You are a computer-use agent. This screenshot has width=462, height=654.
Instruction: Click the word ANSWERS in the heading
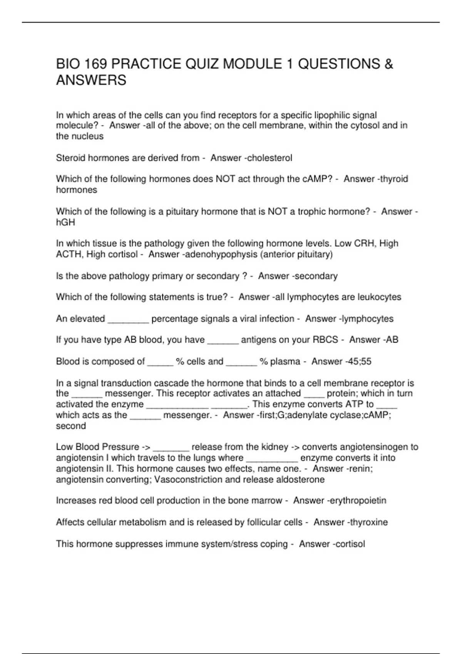pyautogui.click(x=91, y=80)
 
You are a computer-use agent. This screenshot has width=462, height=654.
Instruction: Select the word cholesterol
pyautogui.click(x=270, y=158)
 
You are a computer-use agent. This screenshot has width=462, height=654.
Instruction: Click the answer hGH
pyautogui.click(x=65, y=222)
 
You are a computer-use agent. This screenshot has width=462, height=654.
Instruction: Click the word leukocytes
pyautogui.click(x=379, y=297)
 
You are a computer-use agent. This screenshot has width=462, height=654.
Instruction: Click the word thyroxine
pyautogui.click(x=369, y=522)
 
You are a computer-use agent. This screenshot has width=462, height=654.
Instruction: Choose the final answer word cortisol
pyautogui.click(x=348, y=544)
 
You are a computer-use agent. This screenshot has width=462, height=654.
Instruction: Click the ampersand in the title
pyautogui.click(x=388, y=64)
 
